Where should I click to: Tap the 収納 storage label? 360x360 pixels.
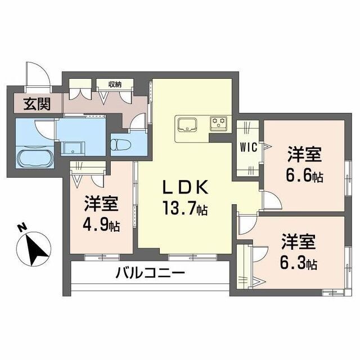tap(115, 84)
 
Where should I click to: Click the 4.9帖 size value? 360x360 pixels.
tap(102, 226)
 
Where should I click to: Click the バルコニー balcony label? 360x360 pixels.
tap(150, 275)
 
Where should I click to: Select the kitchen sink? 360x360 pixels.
tap(186, 123)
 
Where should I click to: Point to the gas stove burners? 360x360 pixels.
tap(218, 121)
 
